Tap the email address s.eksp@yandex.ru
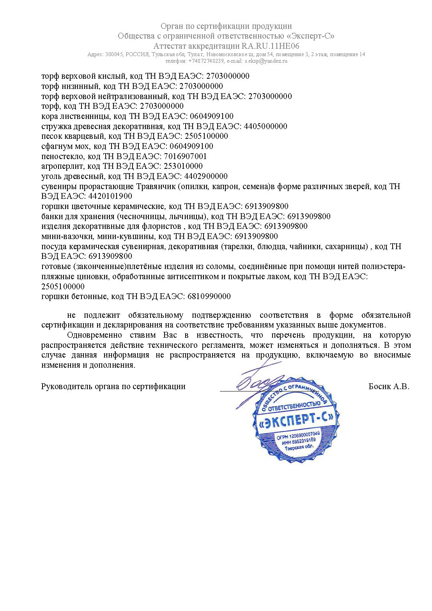266,61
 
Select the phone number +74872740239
206,61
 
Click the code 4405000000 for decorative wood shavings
266,126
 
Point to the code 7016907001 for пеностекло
185,156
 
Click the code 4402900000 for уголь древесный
206,176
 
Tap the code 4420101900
110,197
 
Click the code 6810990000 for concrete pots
209,297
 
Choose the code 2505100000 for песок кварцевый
206,136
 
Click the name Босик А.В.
389,387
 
